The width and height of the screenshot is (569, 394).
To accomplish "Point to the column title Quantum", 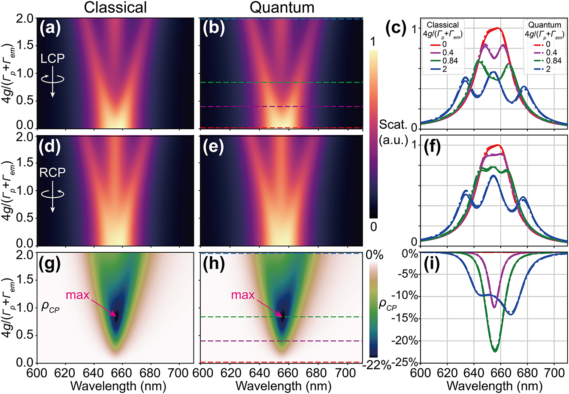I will [x=282, y=7].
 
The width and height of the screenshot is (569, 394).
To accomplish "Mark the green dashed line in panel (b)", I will [x=281, y=82].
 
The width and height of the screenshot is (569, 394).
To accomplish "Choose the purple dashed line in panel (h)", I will [x=281, y=341].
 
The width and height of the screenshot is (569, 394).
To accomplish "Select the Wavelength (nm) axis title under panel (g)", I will [x=115, y=385].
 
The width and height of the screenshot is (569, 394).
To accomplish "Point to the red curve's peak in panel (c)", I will [x=498, y=28].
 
